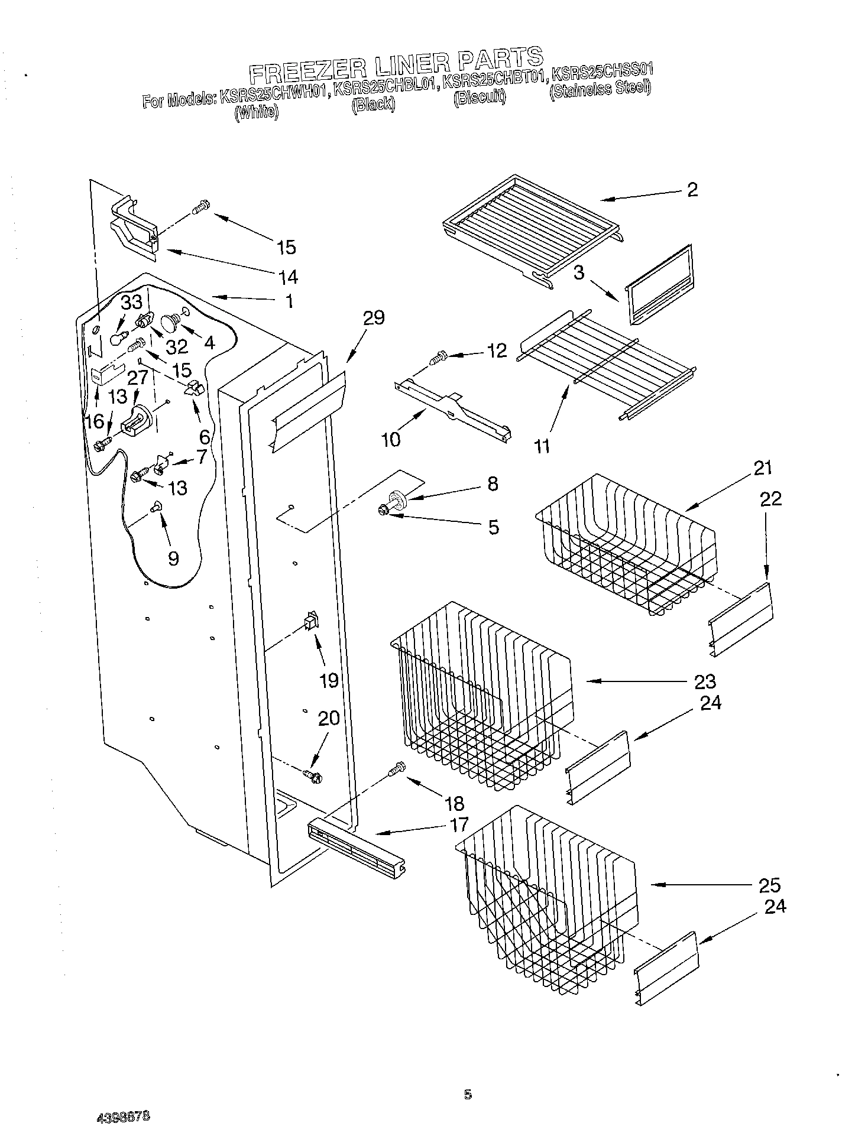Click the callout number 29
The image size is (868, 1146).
(374, 318)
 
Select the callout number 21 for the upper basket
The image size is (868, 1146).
(763, 468)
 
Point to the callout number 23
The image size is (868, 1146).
(705, 681)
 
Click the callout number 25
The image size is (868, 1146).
(769, 885)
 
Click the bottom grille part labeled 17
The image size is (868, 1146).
(355, 842)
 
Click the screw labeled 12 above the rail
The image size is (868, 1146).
(439, 358)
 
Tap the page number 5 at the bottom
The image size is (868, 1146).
(468, 1095)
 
